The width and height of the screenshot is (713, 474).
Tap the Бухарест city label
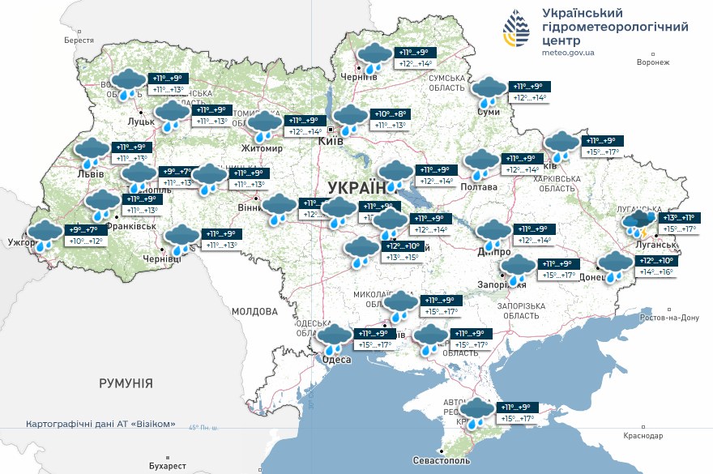[168, 466]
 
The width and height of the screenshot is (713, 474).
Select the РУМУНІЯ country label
[126, 382]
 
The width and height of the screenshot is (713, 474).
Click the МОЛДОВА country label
[255, 310]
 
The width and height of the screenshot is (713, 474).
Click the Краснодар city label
[643, 435]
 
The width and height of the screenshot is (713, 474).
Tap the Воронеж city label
[653, 62]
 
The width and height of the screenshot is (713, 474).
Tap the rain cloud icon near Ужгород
[45, 235]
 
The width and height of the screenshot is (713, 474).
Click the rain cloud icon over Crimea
[476, 412]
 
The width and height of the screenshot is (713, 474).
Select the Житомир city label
[263, 148]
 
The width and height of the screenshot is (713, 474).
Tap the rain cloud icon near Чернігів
[374, 58]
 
